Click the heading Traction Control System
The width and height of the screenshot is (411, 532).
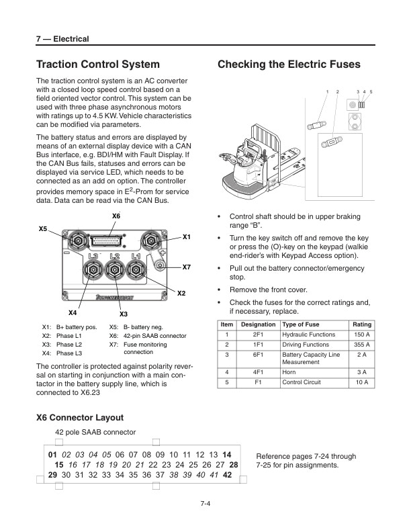coord(97,64)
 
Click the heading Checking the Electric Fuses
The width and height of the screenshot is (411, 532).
coord(289,64)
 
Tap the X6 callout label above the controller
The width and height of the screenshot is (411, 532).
coord(116,216)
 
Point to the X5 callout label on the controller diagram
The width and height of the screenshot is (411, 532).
coord(43,229)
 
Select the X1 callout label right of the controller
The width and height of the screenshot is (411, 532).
coord(187,237)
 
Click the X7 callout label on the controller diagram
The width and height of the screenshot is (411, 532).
coord(187,267)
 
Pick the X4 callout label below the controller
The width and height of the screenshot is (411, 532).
coord(73,313)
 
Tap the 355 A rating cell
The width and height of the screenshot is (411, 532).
coord(361,345)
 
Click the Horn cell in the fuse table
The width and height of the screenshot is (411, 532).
coord(289,371)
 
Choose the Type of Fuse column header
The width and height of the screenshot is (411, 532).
coord(301,325)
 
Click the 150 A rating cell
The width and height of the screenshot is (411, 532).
coord(361,335)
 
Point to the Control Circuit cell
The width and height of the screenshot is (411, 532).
coord(302,382)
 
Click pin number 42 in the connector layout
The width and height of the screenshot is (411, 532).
coord(227,474)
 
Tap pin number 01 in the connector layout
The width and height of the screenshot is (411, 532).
coord(54,455)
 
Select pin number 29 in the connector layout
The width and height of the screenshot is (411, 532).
coord(52,474)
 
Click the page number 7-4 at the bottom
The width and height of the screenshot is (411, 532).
coord(205,505)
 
